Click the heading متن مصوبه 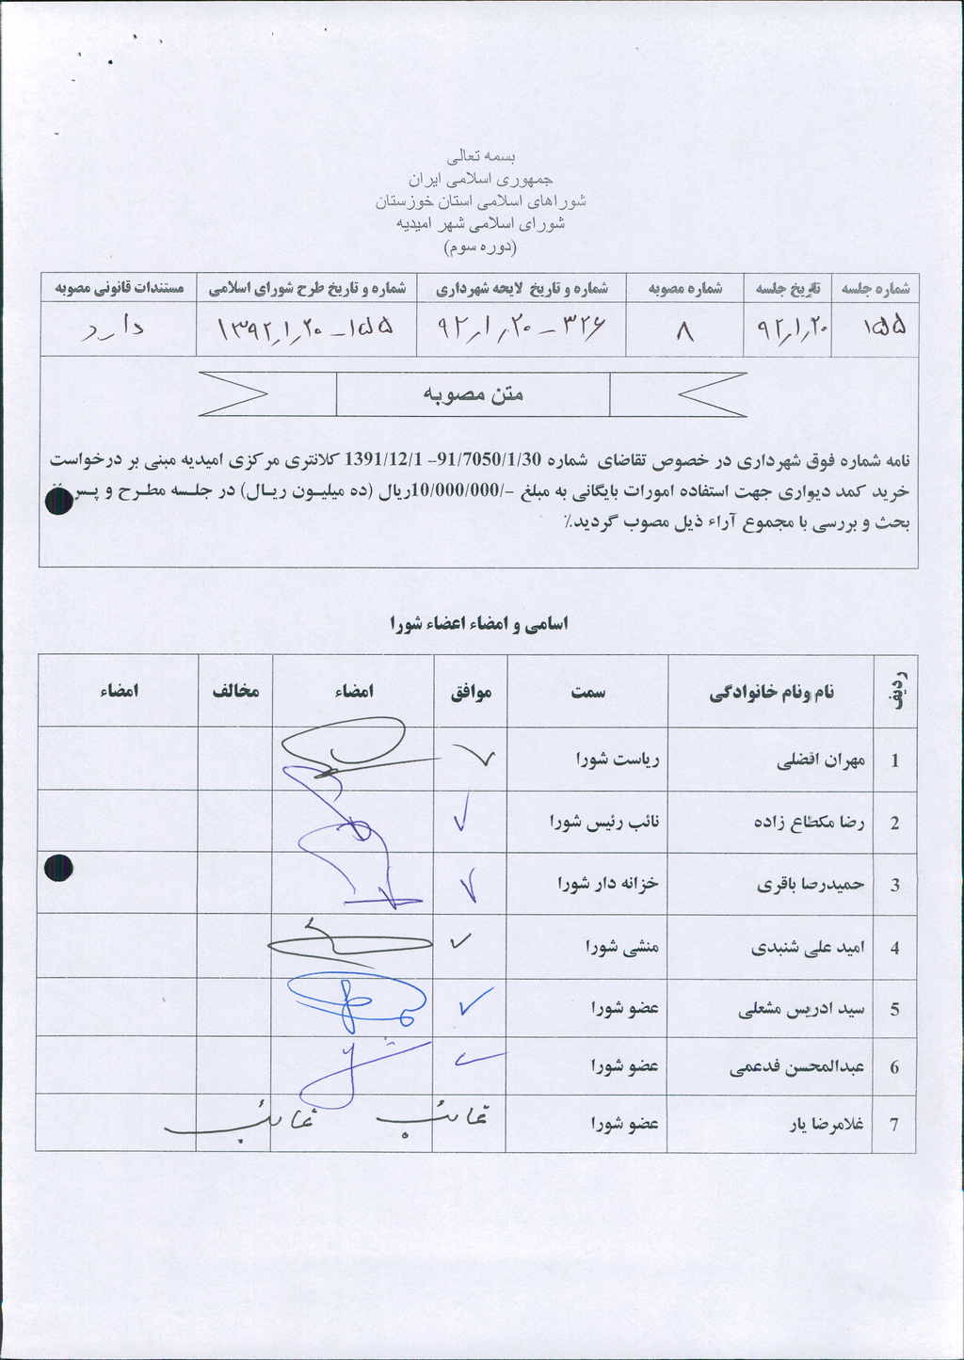pos(473,394)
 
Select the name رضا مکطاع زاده pos(809,823)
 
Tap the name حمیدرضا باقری pos(811,885)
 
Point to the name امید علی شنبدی pos(808,948)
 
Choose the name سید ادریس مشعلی pos(801,1010)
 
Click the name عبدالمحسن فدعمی pos(796,1067)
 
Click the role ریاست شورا pos(618,759)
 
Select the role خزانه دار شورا pos(607,884)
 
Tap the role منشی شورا pos(621,946)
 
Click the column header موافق pos(471,693)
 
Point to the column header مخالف pos(235,692)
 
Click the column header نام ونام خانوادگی pos(771,693)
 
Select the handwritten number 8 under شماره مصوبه pos(685,330)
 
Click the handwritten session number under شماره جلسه pos(884,327)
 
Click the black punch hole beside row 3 pos(58,868)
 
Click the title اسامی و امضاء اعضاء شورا pos(479,624)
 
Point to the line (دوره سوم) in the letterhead pos(480,248)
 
